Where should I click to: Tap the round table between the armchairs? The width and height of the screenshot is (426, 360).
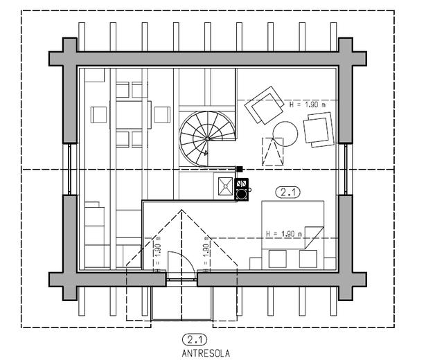[284, 132]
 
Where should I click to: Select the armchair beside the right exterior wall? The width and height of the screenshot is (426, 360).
[319, 129]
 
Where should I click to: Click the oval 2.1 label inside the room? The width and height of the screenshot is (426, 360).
[287, 192]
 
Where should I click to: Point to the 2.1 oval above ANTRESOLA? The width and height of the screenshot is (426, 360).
[195, 339]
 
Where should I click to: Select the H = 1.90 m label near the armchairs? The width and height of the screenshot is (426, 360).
[305, 104]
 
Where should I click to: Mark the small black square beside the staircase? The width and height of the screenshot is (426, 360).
[240, 168]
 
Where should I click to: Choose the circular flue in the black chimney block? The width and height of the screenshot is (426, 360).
[241, 195]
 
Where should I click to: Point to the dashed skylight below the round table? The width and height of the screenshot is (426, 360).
[273, 150]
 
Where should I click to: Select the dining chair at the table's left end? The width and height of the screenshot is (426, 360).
[100, 114]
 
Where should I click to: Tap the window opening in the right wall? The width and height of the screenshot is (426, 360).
[344, 168]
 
